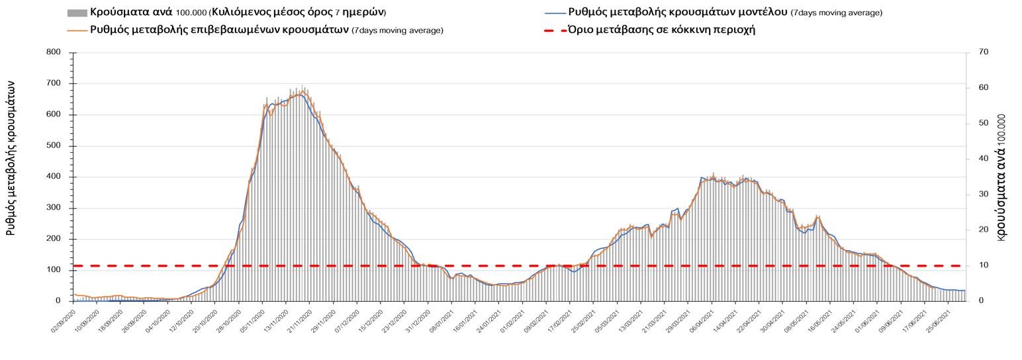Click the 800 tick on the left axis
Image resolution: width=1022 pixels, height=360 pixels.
pos(53,52)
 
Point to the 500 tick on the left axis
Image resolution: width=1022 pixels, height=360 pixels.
pos(53,146)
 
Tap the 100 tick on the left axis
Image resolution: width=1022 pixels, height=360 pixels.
pos(53,270)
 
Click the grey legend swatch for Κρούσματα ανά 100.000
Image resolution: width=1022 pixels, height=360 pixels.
pos(77,13)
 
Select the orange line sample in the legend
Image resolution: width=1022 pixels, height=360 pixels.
pos(77,30)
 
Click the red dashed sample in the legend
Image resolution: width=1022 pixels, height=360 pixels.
pos(555,30)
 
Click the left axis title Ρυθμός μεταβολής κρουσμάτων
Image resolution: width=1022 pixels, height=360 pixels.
pos(11,159)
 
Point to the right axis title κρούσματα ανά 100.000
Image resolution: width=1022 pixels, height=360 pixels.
pos(1001,177)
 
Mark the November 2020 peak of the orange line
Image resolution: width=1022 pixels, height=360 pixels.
pos(302,91)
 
